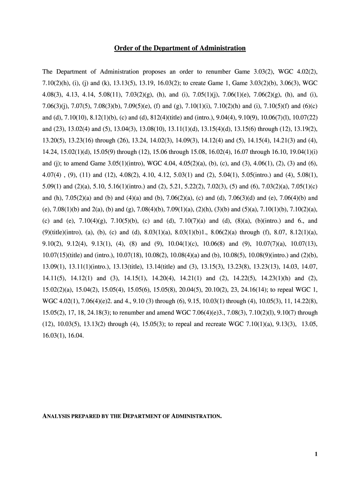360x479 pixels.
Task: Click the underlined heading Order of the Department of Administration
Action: pyautogui.click(x=180, y=48)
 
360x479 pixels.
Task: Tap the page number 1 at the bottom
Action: pyautogui.click(x=317, y=454)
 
